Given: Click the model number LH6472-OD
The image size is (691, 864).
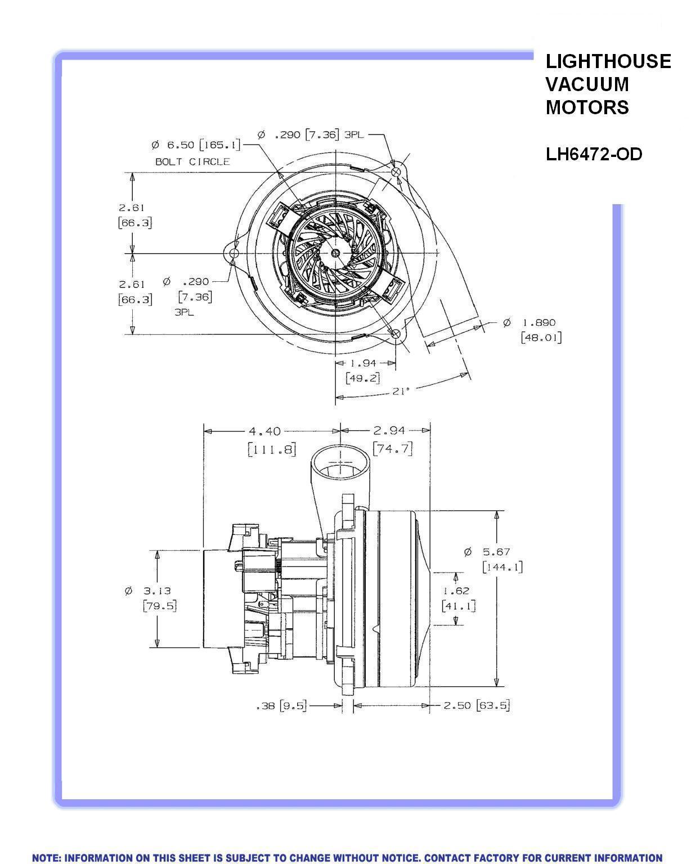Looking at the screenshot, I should pos(594,154).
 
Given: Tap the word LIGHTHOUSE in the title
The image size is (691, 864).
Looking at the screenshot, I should pos(608,61).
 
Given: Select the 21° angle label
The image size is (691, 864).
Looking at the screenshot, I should pos(400,390).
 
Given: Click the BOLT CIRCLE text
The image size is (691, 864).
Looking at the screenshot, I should pos(192,161).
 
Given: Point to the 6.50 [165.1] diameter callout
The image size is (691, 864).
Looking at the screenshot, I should pos(196,145).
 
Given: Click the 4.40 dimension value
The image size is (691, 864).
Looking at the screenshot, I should pos(264,431).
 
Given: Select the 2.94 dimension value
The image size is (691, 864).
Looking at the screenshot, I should pos(389,431).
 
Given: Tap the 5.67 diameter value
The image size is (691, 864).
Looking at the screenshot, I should pos(495,552).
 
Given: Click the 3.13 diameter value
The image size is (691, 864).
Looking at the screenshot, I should pos(156,591).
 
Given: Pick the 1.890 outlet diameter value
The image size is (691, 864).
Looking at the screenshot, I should pos(539,323).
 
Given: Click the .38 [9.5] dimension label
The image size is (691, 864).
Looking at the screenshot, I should pos(281,705).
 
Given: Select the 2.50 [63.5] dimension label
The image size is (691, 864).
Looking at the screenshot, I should pos(476,705).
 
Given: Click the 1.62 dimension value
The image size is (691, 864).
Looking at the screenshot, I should pos(456,591).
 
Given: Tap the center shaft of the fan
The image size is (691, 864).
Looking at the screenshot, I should pos(336,253).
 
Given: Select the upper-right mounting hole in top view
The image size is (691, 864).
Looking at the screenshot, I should pos(396,171).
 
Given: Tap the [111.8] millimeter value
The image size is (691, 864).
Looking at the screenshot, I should pos(272,449).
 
